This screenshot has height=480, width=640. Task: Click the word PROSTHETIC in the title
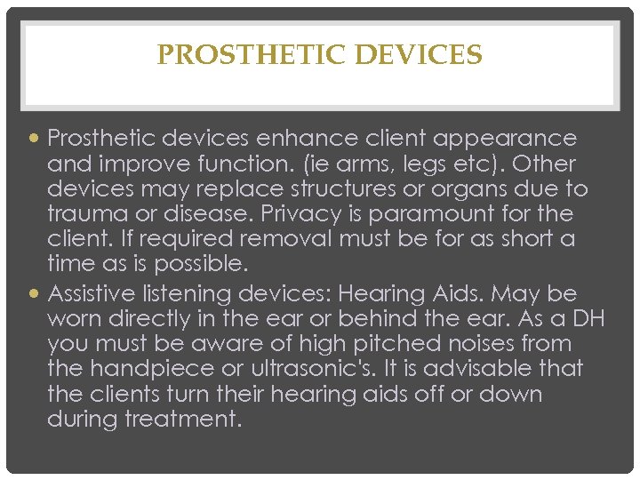coord(252,55)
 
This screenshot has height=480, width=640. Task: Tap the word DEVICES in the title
coord(419,55)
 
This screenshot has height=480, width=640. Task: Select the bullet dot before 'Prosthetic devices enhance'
coord(36,140)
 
